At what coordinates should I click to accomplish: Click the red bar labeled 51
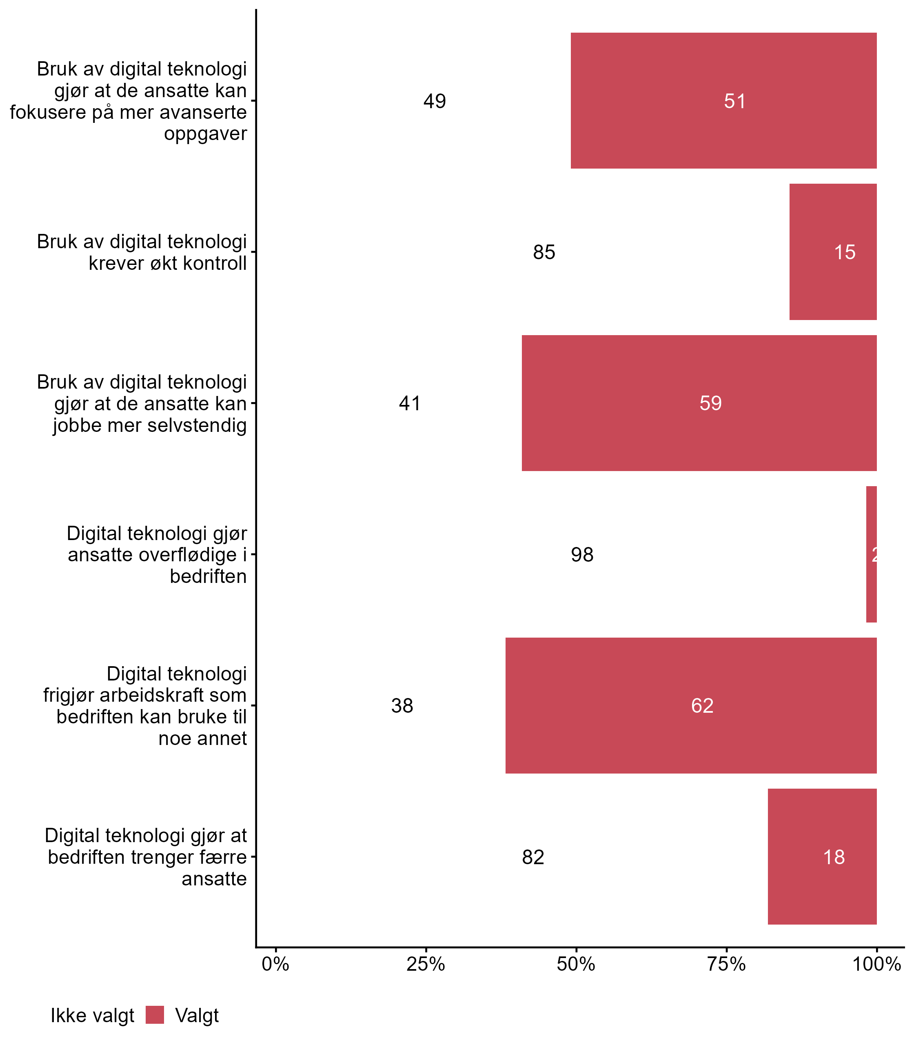(723, 100)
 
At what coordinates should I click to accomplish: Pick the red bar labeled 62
(690, 705)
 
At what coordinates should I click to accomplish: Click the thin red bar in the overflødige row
(871, 554)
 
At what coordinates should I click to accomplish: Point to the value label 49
(435, 101)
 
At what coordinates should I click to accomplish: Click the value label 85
(544, 252)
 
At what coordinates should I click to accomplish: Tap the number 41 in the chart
(410, 403)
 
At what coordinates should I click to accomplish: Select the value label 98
(582, 555)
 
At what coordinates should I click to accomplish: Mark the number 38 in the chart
(402, 706)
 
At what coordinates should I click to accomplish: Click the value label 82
(533, 857)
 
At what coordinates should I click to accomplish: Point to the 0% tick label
(275, 964)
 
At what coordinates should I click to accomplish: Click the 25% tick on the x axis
(425, 964)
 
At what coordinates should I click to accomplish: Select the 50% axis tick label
(576, 964)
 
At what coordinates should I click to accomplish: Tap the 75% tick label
(726, 964)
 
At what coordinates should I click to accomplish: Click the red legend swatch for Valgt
(155, 1014)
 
